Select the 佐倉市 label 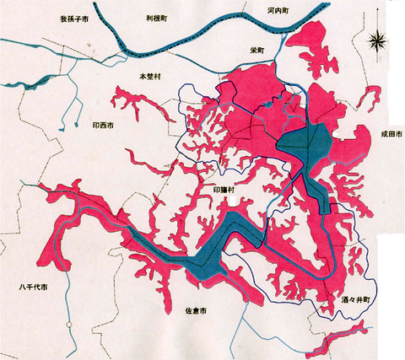196,311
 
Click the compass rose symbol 379,38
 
